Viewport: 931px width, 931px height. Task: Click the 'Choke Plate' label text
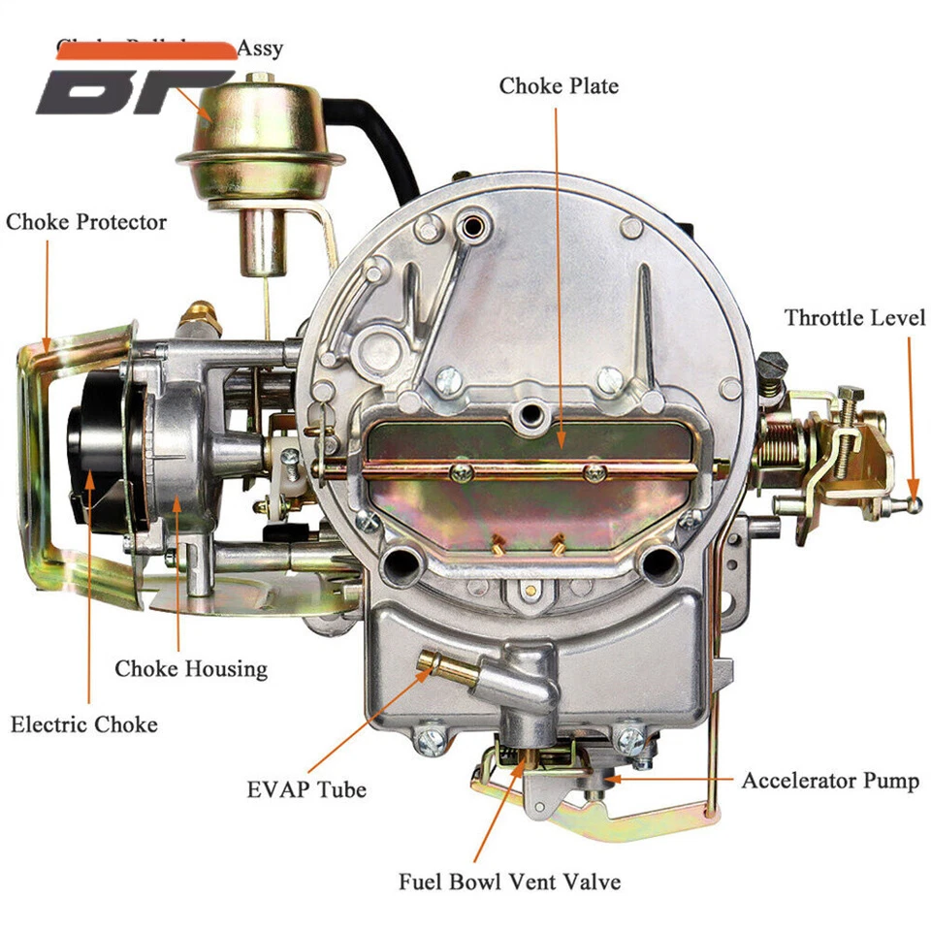559,86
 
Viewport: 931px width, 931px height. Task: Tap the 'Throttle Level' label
854,318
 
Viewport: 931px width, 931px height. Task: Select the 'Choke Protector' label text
86,222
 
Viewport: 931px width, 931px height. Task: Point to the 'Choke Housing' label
191,668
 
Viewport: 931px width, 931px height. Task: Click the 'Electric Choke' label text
84,724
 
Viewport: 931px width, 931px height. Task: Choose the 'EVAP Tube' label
306,789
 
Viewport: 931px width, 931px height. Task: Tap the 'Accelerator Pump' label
830,781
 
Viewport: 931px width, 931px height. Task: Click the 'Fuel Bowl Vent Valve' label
509,882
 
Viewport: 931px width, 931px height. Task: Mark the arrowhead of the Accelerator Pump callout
608,778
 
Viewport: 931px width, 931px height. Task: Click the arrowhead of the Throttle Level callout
911,485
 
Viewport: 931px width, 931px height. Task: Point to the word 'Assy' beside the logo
260,48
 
